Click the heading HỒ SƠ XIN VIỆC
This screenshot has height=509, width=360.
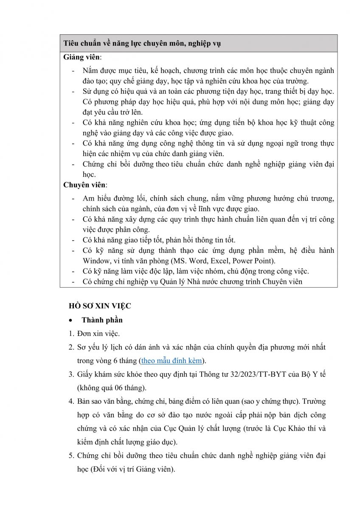click(x=100, y=306)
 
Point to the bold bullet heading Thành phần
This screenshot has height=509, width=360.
click(x=102, y=320)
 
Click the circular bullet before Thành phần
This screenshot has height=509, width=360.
click(x=72, y=320)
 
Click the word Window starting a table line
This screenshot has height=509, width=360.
click(x=96, y=261)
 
